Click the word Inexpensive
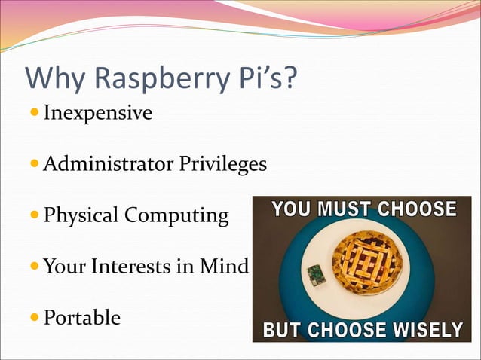(x=98, y=114)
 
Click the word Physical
(x=81, y=215)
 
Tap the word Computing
(x=176, y=217)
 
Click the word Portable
(x=81, y=317)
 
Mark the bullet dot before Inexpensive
(x=34, y=114)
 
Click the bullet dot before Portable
(x=34, y=317)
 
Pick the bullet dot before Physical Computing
(x=34, y=215)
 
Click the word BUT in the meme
(x=279, y=330)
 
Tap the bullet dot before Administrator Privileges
(x=34, y=163)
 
